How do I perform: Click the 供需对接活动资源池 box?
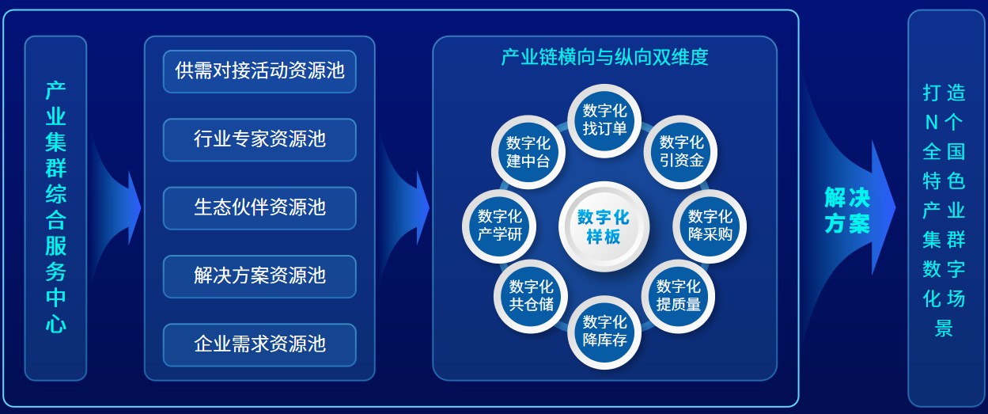tap(259, 71)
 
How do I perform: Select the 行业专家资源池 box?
tap(259, 139)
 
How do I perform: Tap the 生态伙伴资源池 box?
tap(259, 208)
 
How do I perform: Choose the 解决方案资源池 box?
tap(259, 276)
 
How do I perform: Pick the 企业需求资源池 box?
tap(259, 344)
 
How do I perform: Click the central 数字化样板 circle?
tap(604, 226)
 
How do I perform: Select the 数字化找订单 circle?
tap(604, 120)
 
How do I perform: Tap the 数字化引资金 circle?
tap(680, 152)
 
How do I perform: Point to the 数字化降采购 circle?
tap(710, 226)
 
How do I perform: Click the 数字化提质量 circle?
tap(678, 296)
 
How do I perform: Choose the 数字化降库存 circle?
tap(604, 332)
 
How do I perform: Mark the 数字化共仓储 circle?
tap(531, 296)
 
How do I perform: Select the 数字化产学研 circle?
tap(499, 226)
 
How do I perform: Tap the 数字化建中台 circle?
tap(528, 152)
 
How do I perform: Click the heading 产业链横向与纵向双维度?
tap(604, 57)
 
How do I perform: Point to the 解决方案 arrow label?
tap(847, 211)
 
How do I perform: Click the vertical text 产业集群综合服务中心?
tap(56, 207)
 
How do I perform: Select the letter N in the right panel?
tap(931, 123)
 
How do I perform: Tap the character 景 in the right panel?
tap(944, 329)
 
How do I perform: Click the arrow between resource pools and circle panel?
tap(403, 207)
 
